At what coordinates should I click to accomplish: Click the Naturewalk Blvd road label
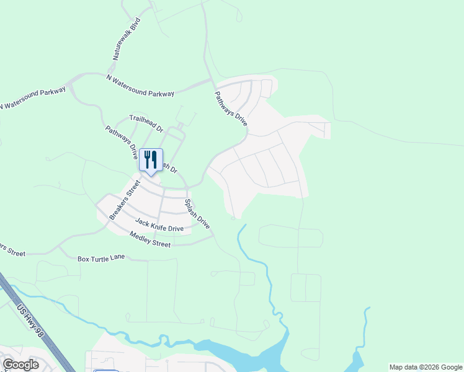pos(127,39)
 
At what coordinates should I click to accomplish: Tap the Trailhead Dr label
pos(146,123)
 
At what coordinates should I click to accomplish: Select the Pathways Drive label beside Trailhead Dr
pos(121,143)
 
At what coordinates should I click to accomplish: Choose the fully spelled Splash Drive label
pos(197,215)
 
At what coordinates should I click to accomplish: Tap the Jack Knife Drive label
pos(159,225)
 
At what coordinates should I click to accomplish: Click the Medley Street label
pos(149,239)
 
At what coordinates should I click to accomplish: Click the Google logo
pos(20,365)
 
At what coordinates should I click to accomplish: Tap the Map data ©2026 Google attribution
pos(426,367)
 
